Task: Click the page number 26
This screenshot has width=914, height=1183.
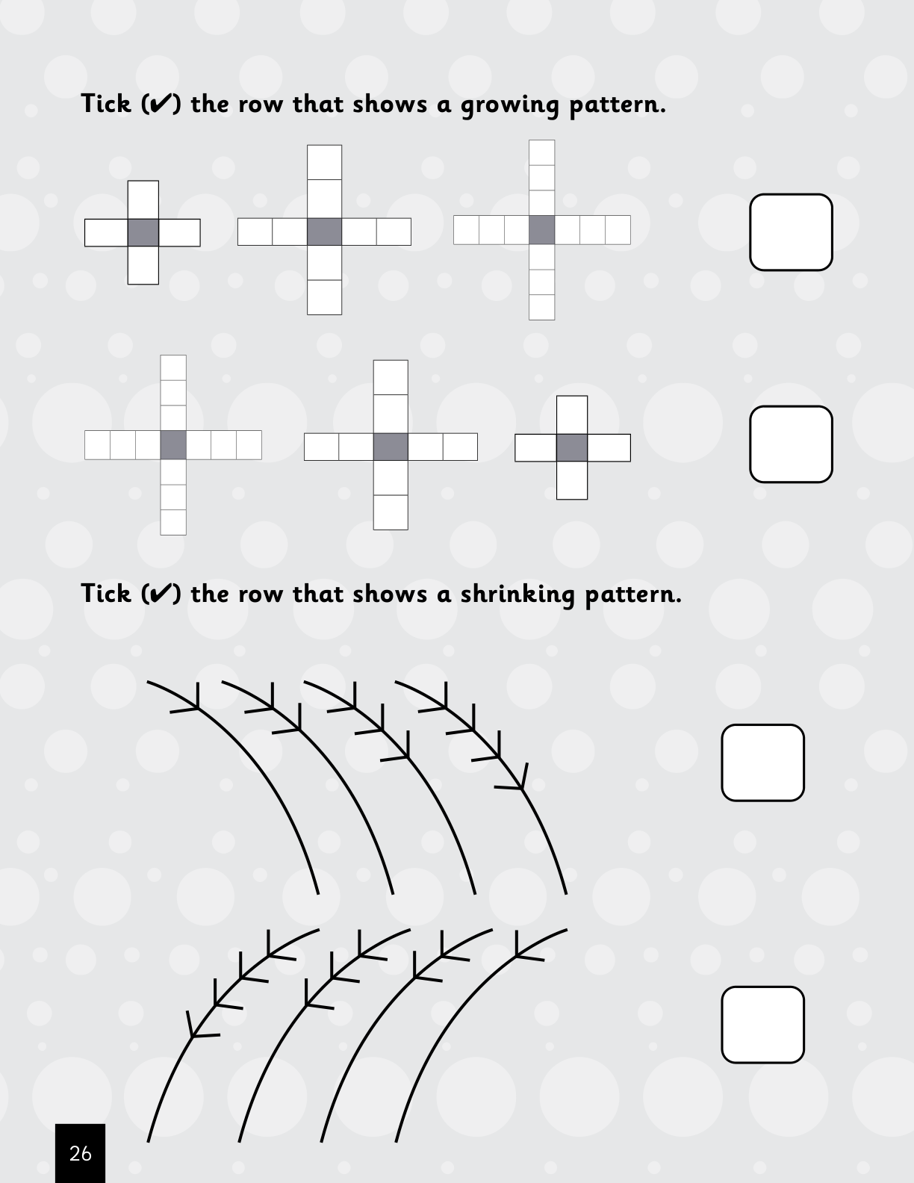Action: pos(80,1154)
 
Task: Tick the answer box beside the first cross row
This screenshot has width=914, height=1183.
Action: pos(791,232)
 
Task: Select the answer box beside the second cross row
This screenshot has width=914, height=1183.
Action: pos(791,444)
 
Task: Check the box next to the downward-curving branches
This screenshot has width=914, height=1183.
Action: pos(762,763)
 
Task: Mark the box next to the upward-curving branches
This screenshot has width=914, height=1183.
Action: pos(762,1025)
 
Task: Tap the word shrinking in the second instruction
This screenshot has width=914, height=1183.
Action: pos(517,594)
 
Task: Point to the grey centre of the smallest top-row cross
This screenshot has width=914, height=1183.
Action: pos(143,232)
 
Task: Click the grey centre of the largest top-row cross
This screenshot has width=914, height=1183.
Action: pos(541,230)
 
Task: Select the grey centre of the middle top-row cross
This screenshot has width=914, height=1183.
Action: pos(324,232)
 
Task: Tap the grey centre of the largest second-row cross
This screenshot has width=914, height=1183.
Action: pos(173,445)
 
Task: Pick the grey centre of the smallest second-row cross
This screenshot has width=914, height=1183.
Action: pos(571,447)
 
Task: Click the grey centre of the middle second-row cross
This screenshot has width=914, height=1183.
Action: pos(391,447)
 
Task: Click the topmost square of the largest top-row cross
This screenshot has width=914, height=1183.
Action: pos(541,152)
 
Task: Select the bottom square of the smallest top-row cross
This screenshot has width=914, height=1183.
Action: pos(143,265)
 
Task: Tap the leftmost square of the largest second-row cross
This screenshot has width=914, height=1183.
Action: pos(97,445)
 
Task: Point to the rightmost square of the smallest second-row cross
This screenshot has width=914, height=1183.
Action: pos(609,447)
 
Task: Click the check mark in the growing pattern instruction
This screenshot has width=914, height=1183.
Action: pos(161,103)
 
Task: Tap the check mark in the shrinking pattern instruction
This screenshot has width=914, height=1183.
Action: pos(161,593)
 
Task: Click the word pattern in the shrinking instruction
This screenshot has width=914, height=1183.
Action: pos(633,594)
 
